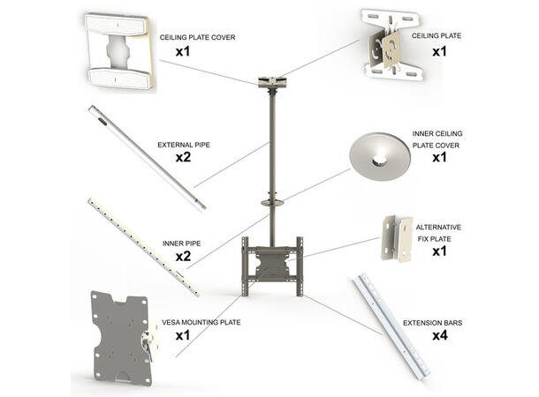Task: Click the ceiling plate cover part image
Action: pos(118,52)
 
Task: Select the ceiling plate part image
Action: pos(390,45)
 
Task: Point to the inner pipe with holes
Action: pos(144,246)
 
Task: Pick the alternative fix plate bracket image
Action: pos(395,238)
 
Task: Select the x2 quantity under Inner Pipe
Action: pos(183,256)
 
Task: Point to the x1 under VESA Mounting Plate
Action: pos(183,337)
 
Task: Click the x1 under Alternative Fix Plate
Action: pos(438,251)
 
